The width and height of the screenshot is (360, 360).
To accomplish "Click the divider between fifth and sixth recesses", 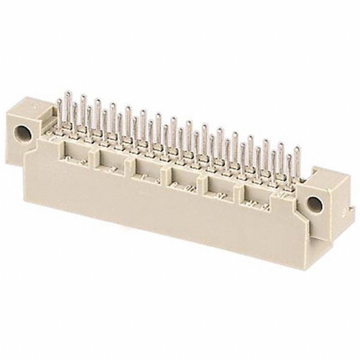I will (239, 190).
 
